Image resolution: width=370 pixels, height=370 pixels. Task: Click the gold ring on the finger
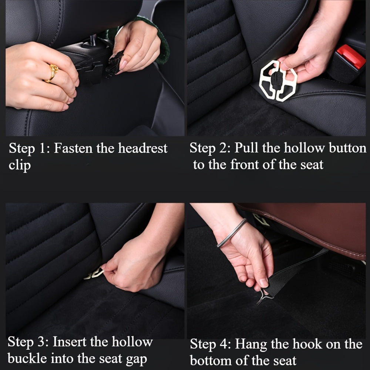pos(53,72)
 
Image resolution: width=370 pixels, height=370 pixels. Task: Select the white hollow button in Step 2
pos(278,80)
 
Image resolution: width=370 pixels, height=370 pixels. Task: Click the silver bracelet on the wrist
pos(232,233)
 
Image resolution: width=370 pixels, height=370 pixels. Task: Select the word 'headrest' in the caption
pos(142,148)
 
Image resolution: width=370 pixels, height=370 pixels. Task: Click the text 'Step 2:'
pos(209,148)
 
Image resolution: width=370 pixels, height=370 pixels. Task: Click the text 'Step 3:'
pos(28,342)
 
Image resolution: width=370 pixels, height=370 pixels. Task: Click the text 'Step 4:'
pos(210,344)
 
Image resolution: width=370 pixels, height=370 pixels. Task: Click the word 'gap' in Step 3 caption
pos(135,359)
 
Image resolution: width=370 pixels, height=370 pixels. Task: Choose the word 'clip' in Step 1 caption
pos(19,165)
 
